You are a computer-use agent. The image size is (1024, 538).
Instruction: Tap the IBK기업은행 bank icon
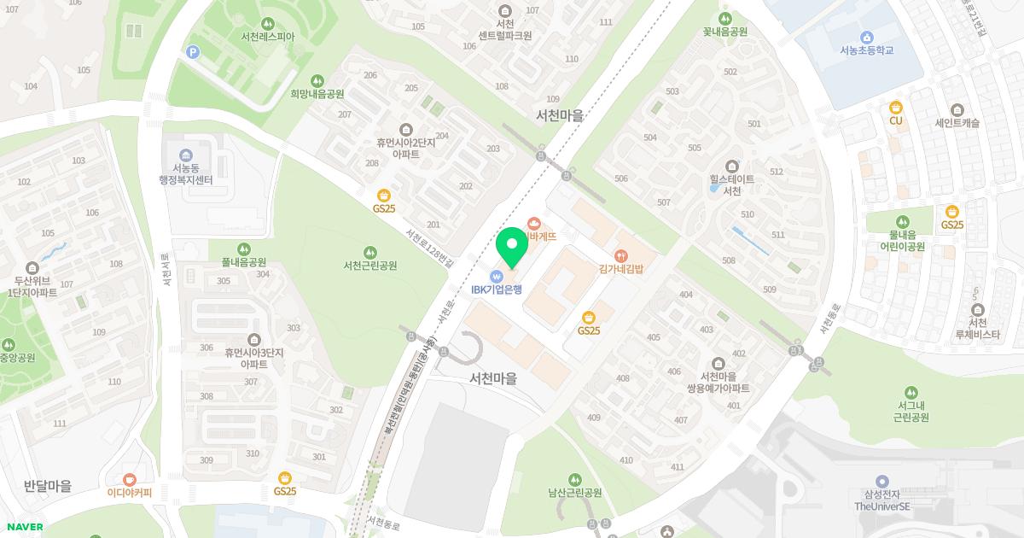pyautogui.click(x=496, y=276)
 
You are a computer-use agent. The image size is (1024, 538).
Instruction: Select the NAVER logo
pyautogui.click(x=23, y=527)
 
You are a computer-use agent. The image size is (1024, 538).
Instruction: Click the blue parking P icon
pyautogui.click(x=193, y=52)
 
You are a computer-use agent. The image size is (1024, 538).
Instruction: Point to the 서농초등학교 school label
pyautogui.click(x=866, y=50)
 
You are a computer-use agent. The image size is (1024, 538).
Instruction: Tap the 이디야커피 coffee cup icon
pyautogui.click(x=129, y=479)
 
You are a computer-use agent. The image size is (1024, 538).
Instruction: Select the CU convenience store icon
pyautogui.click(x=895, y=107)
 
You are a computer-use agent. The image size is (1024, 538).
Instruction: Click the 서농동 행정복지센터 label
pyautogui.click(x=185, y=173)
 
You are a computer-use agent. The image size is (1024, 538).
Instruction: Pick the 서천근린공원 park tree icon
pyautogui.click(x=369, y=252)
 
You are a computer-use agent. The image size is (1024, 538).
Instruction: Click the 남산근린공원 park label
pyautogui.click(x=575, y=493)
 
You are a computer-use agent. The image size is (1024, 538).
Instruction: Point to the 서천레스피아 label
pyautogui.click(x=268, y=37)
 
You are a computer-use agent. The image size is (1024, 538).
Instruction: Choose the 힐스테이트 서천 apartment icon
pyautogui.click(x=731, y=166)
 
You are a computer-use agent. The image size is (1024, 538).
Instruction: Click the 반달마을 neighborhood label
pyautogui.click(x=48, y=486)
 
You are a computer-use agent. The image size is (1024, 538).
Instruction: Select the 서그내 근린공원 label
pyautogui.click(x=911, y=412)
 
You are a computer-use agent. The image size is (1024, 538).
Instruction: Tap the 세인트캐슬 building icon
pyautogui.click(x=957, y=110)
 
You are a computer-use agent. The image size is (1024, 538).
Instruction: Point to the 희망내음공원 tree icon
pyautogui.click(x=317, y=80)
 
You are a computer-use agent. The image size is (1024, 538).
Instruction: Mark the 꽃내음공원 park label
pyautogui.click(x=724, y=32)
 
